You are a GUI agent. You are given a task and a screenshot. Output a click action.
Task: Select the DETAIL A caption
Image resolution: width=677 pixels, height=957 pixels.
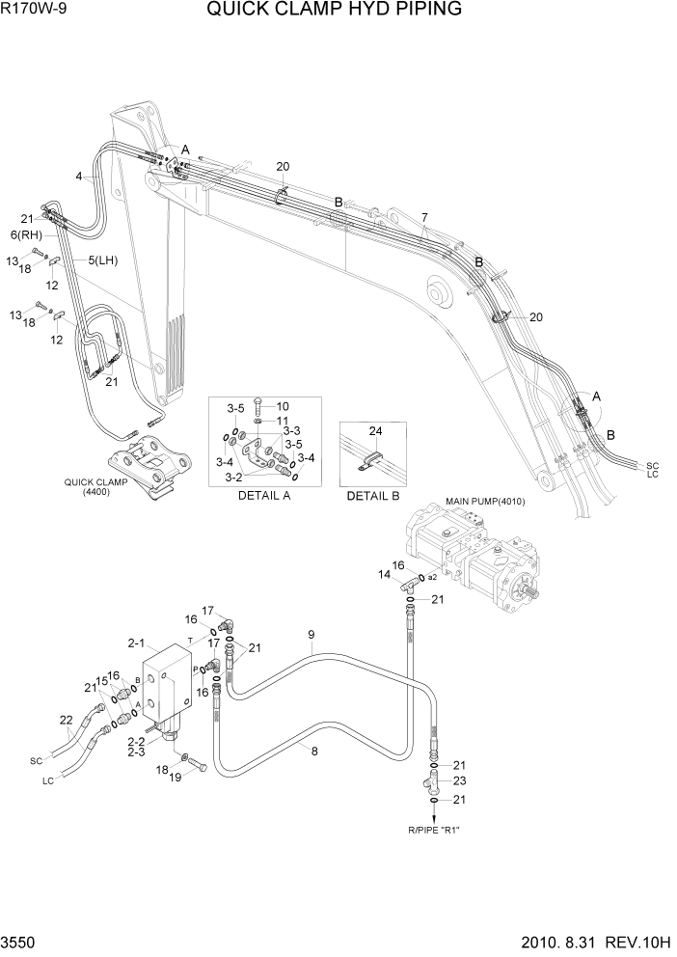coord(263,496)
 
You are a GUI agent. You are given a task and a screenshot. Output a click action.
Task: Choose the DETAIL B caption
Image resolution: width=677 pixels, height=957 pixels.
coord(372,496)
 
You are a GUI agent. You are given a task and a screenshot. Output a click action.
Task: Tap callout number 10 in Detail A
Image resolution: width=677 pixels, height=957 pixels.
coord(283,406)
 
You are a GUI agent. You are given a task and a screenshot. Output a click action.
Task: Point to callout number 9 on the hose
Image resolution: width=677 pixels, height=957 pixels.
coord(311,634)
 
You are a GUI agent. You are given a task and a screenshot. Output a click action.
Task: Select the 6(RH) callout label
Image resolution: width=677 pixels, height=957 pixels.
coord(25,234)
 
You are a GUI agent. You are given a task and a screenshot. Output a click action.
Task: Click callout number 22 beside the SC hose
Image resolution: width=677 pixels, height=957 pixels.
coord(66,720)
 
